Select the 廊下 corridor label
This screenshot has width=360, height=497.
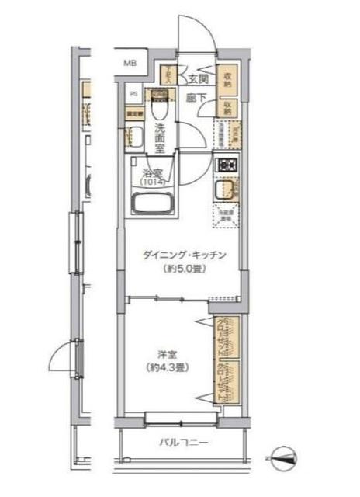(x=195, y=98)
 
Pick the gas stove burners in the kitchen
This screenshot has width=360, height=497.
(x=227, y=165)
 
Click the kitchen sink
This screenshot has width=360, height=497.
(x=227, y=190)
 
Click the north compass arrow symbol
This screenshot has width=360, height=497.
(x=285, y=457)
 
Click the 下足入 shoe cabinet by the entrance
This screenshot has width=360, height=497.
(x=168, y=75)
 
